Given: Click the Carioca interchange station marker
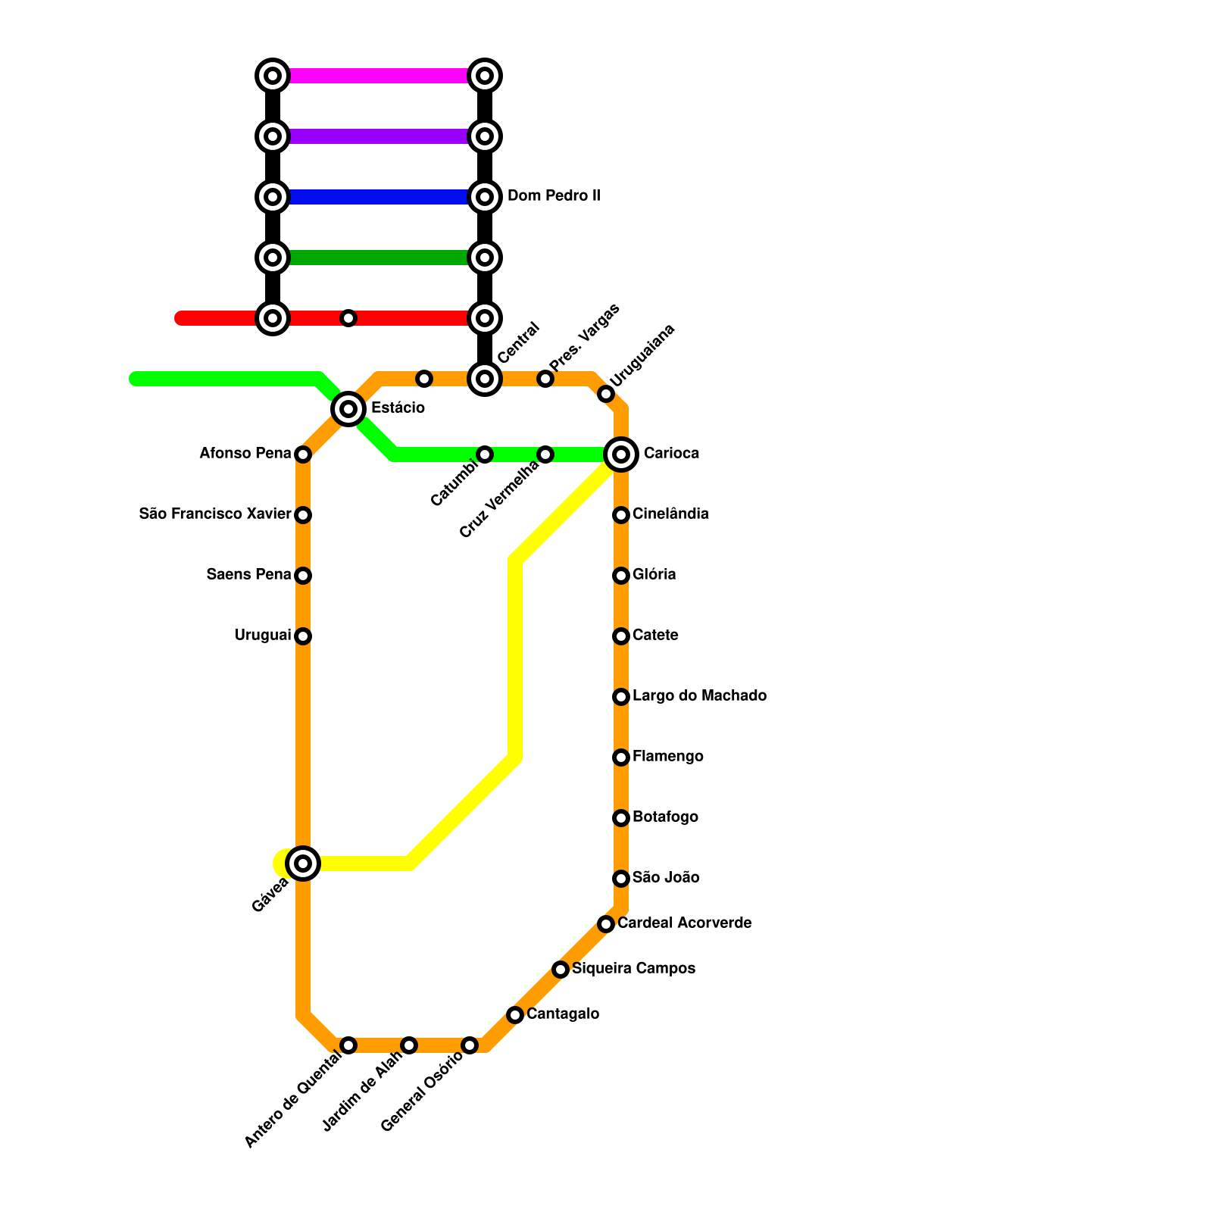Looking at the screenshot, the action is (621, 454).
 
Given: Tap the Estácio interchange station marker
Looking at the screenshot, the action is (348, 409).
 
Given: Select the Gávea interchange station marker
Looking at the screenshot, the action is (303, 864).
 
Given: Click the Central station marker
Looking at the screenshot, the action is (485, 379).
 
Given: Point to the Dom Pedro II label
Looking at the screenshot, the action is (553, 196).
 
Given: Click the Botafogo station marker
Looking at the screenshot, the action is (621, 818).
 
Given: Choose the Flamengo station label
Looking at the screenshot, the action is (667, 757).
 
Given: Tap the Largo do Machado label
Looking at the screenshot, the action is (699, 696).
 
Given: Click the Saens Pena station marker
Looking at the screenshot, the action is (303, 576).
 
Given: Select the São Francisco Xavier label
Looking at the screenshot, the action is (215, 514).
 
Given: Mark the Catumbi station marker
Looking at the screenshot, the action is (485, 454).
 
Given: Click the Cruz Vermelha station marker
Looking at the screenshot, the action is (545, 454).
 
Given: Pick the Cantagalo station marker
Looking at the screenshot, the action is (515, 1015).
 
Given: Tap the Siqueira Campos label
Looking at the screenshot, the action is (633, 969).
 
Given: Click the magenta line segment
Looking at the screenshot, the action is (379, 76).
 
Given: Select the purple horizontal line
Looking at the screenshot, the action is (379, 136).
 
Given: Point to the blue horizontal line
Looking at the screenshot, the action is (379, 197).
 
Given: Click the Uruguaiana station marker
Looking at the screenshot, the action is (606, 394).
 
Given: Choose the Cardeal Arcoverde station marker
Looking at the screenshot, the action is (606, 924).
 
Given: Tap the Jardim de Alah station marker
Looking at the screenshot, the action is (409, 1045).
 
